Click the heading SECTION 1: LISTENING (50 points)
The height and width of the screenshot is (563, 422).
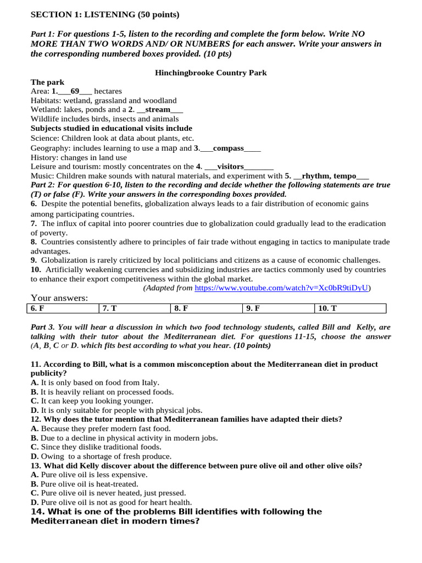tap(105, 14)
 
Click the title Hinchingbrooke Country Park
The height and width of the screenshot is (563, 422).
tap(211, 73)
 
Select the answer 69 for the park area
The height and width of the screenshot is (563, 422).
tap(75, 91)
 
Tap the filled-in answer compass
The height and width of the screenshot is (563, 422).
tap(228, 148)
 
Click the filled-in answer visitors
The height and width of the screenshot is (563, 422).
tap(230, 166)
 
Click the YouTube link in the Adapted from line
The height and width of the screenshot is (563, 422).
tap(281, 288)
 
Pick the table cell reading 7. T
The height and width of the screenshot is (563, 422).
tap(135, 308)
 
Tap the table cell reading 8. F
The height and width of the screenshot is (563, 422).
tap(206, 308)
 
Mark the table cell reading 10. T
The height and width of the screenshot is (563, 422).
tap(350, 308)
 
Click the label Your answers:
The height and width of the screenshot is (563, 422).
tap(59, 298)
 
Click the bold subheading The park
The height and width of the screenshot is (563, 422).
tap(48, 82)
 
